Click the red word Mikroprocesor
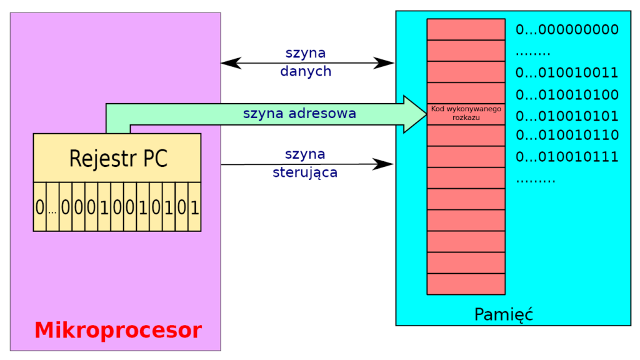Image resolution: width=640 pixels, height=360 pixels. pos(118,330)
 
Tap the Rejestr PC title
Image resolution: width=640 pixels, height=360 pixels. pos(118,158)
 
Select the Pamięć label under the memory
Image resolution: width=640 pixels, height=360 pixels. pos(504,314)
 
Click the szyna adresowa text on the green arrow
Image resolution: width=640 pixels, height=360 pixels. pos(299,114)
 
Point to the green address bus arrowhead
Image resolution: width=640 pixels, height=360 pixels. pos(414,114)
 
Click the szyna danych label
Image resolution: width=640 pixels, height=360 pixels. pos(306,62)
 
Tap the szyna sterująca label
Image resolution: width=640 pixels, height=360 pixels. pos(306,164)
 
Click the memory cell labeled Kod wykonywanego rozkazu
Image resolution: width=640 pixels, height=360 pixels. pos(466,114)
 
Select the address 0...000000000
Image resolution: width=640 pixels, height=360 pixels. pos(566,30)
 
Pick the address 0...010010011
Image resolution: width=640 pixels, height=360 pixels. pos(566,73)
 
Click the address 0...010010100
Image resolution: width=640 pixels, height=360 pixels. pos(566,95)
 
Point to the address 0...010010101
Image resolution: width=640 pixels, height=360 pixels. pos(566,116)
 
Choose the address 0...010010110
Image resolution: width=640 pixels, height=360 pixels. pos(566,135)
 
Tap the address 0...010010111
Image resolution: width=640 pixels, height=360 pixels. pos(566,156)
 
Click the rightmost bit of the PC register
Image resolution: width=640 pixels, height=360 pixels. pos(194,207)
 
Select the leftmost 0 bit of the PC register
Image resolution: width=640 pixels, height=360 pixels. pos(40,207)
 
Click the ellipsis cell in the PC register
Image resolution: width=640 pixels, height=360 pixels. pos(52,208)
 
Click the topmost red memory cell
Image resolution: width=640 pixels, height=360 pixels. pos(466,29)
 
